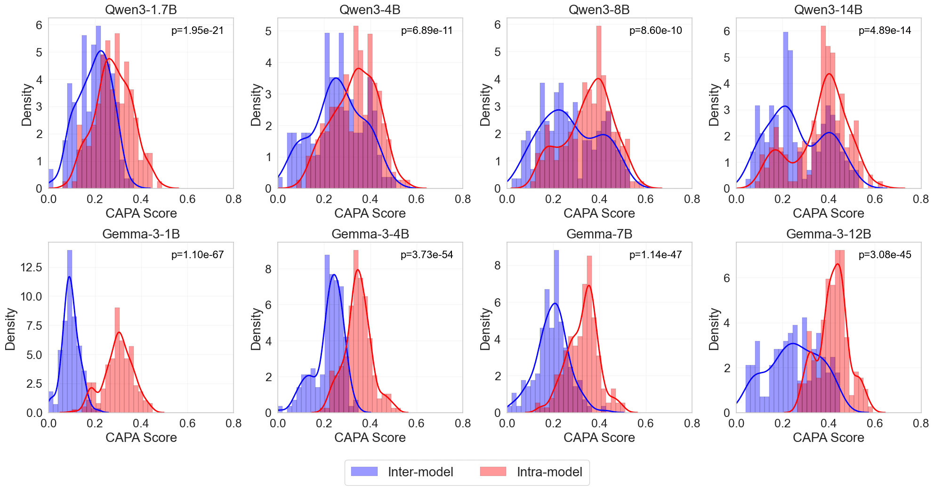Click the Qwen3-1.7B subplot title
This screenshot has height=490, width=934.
(x=141, y=9)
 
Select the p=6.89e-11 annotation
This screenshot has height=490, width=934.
(x=427, y=31)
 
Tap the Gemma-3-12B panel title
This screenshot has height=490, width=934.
(x=829, y=234)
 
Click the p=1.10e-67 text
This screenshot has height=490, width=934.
(x=197, y=255)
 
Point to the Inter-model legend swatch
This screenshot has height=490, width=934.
(x=364, y=472)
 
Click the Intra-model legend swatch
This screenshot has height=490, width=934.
(x=493, y=472)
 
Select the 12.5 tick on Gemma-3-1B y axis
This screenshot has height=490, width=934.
(x=32, y=268)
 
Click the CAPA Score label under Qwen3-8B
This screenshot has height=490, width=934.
(x=599, y=213)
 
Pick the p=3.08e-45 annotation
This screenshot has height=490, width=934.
(x=885, y=255)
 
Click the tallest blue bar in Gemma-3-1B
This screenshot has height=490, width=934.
(x=70, y=330)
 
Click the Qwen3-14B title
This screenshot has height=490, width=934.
(x=829, y=9)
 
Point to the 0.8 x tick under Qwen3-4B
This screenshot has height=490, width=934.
(x=463, y=199)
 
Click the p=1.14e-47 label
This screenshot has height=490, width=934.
(x=656, y=255)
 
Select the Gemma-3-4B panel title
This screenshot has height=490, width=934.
(x=370, y=234)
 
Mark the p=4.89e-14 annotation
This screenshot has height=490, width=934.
(x=885, y=31)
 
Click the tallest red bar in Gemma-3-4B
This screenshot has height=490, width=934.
(x=356, y=330)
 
